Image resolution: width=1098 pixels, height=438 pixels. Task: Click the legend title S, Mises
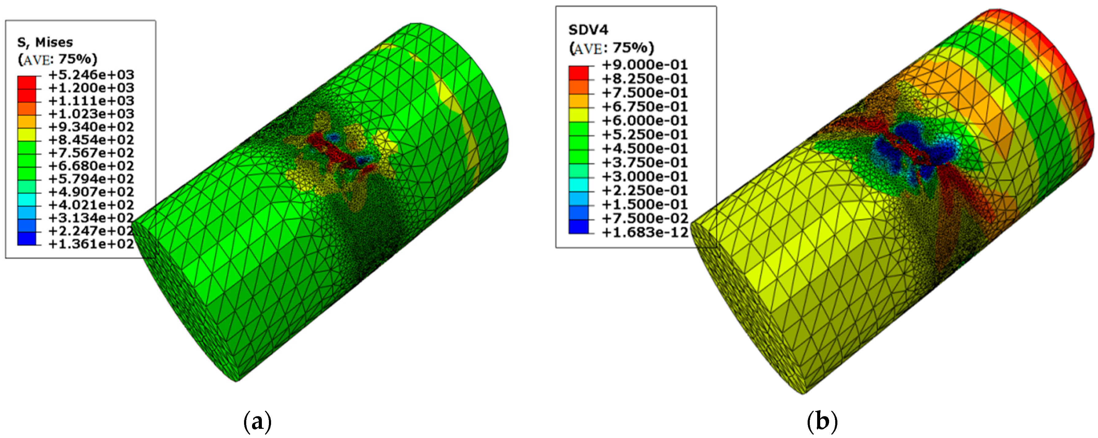coord(45,42)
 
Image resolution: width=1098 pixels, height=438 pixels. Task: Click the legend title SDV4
coord(588,29)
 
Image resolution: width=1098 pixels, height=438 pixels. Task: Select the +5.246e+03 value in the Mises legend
coord(91,75)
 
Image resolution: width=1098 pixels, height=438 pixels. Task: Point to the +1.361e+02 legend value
coord(91,244)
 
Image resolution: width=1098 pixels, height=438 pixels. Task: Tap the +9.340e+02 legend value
coord(91,127)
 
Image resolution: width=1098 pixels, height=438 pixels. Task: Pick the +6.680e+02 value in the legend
coord(91,166)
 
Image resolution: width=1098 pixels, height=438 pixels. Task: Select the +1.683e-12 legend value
coord(645,232)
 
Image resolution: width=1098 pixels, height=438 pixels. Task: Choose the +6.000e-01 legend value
coord(645,121)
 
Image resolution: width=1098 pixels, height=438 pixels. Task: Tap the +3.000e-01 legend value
coord(645,176)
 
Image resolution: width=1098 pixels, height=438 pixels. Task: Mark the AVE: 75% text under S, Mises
coord(58,59)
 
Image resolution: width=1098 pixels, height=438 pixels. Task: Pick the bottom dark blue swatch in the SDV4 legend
coord(578,227)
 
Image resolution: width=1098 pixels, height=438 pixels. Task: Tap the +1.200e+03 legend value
coord(91,88)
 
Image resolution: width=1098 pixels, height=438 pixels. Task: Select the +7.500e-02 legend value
coord(645,218)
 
